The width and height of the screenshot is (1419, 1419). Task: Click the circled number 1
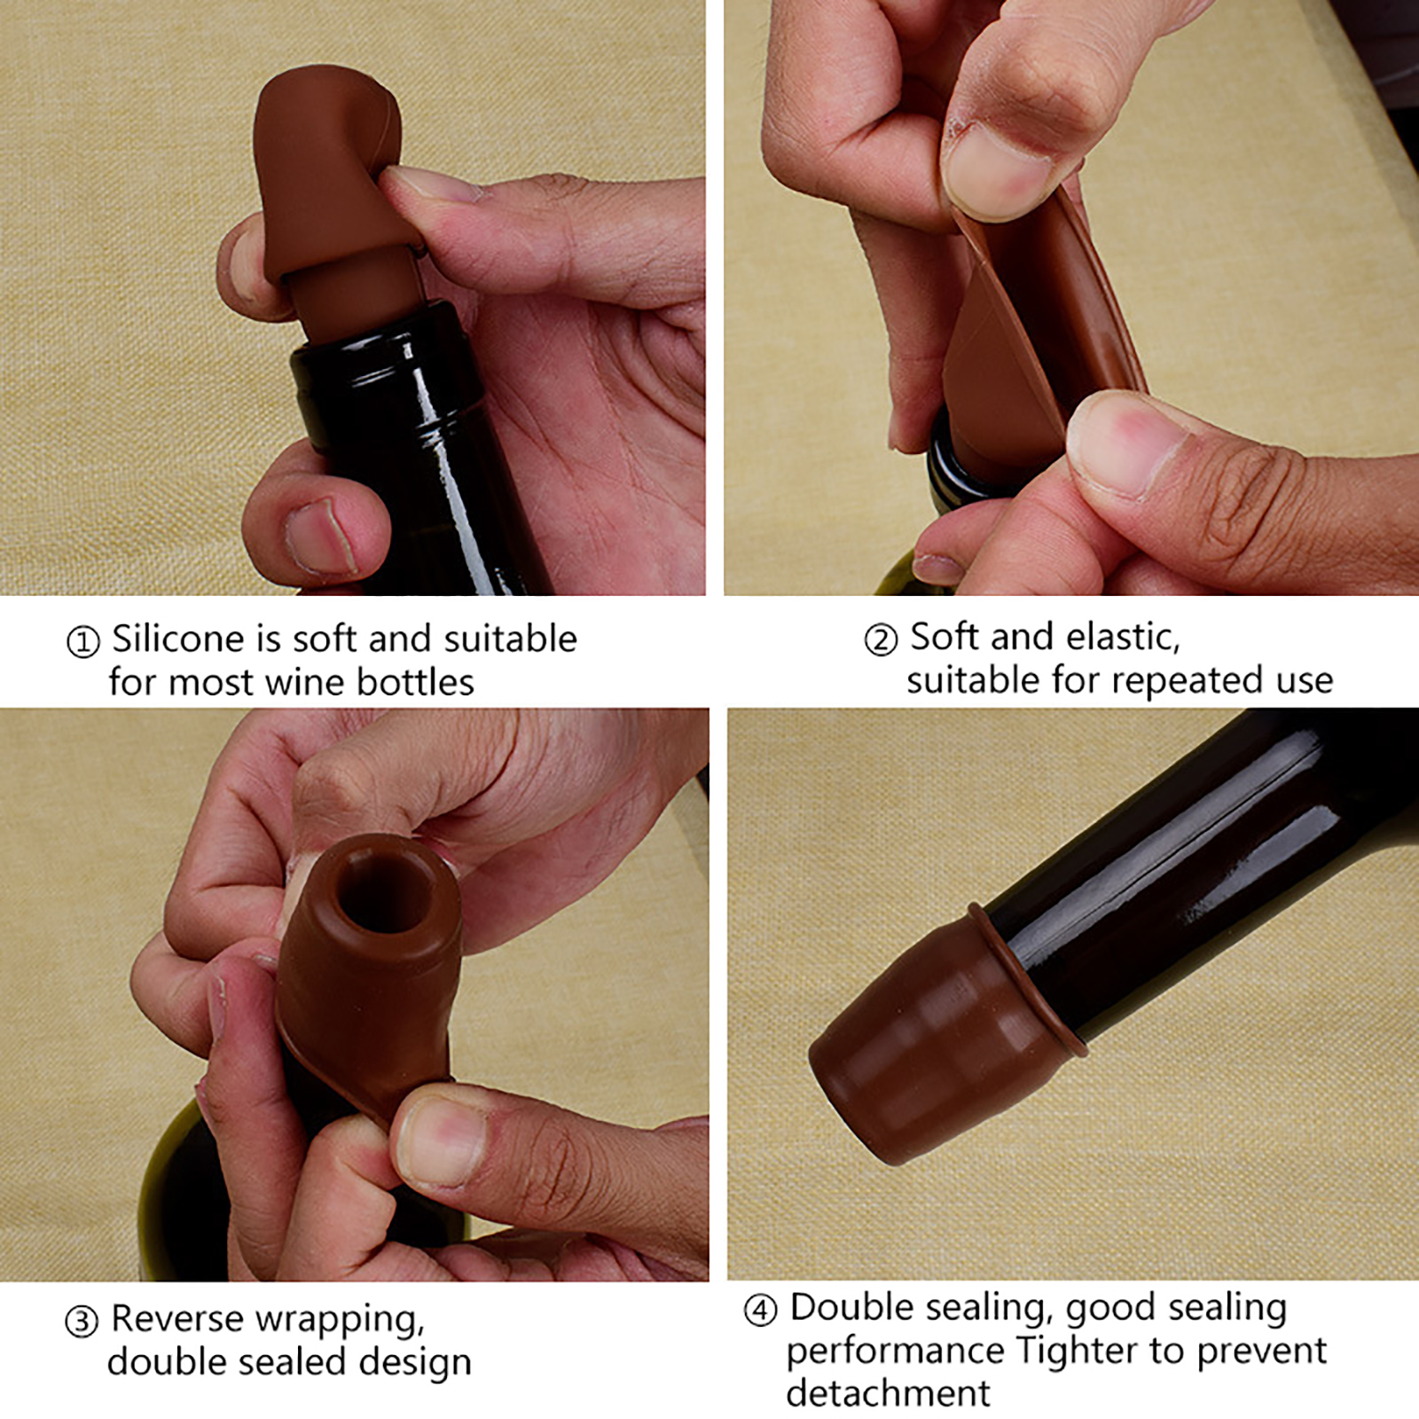[x=82, y=641]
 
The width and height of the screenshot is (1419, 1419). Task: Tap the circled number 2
[x=881, y=639]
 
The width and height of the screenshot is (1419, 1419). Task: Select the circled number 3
[x=81, y=1321]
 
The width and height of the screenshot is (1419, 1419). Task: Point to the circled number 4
[x=760, y=1310]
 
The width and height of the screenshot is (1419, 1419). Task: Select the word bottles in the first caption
[x=415, y=682]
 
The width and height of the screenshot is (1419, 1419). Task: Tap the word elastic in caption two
[x=1124, y=638]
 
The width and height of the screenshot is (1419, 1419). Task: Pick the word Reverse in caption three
[x=176, y=1319]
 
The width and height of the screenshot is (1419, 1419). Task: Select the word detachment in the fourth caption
[x=888, y=1393]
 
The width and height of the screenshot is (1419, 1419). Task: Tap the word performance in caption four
[x=896, y=1352]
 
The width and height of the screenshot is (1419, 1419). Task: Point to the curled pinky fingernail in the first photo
[x=319, y=537]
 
